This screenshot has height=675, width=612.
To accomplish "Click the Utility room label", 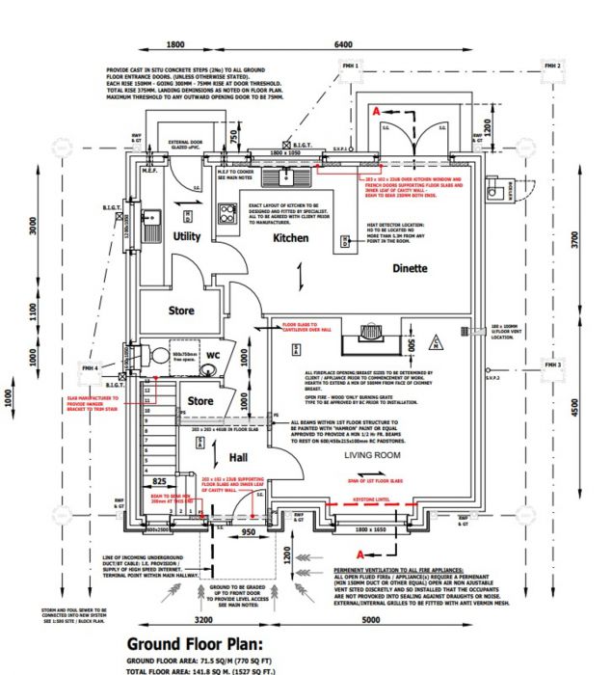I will (186, 236).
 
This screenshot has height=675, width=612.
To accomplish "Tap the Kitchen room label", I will (290, 237).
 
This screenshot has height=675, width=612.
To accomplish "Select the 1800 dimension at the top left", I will (175, 45).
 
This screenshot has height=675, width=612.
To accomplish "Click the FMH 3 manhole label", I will (552, 365).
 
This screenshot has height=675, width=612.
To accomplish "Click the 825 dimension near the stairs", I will (159, 479).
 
